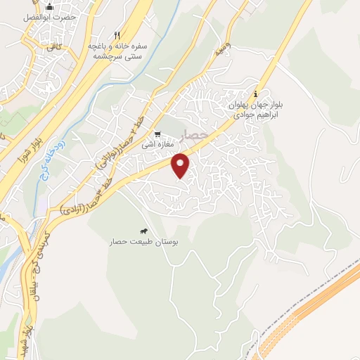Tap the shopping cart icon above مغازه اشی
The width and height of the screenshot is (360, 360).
pos(158,134)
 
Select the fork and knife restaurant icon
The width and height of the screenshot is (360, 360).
pos(117,34)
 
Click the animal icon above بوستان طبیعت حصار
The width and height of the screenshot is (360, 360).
pos(143,231)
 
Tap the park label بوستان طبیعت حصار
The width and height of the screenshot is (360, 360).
pos(143,242)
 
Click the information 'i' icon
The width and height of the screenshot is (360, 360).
pos(256,94)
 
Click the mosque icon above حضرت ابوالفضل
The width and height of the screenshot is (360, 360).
pos(49,7)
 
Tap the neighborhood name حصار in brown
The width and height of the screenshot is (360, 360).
pos(200,134)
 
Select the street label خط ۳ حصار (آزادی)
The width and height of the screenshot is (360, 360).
pos(91,198)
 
